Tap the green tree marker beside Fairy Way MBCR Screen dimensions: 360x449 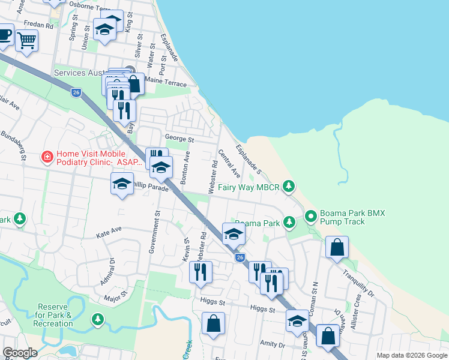pos(289,187)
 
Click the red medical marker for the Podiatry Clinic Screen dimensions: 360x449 pos(46,157)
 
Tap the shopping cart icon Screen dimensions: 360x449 pos(26,41)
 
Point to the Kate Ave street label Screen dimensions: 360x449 pos(109,232)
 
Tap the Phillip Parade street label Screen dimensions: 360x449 pos(148,187)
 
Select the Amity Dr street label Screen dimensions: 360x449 pos(273,345)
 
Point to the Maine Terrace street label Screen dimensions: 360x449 pos(166,84)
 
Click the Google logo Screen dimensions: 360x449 pos(20,353)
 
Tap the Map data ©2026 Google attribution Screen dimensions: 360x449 pos(411,355)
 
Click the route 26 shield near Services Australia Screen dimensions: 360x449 pos(76,92)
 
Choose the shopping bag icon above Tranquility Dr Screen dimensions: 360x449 pos(337,247)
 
